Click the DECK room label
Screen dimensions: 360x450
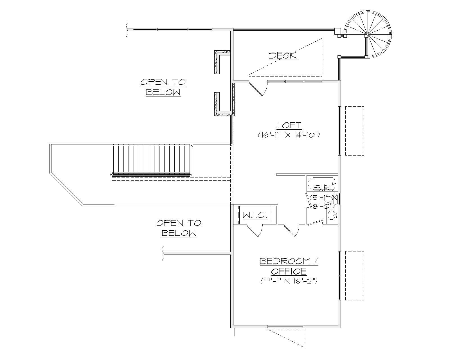(x=283, y=55)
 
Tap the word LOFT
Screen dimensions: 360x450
(x=289, y=125)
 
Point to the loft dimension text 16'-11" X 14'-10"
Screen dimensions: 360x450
(x=289, y=135)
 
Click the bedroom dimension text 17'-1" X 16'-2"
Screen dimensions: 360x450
(x=289, y=281)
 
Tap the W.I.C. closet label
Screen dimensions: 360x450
(x=255, y=216)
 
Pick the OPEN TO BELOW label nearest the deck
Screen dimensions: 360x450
(x=163, y=87)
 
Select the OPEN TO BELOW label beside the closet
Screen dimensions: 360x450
(x=179, y=228)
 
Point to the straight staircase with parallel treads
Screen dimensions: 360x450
(x=152, y=159)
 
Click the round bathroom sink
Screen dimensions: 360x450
(x=332, y=215)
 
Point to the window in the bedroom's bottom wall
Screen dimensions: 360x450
(x=285, y=327)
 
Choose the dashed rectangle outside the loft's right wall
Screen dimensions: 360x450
(x=354, y=131)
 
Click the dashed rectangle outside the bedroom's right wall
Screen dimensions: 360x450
(x=354, y=276)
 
